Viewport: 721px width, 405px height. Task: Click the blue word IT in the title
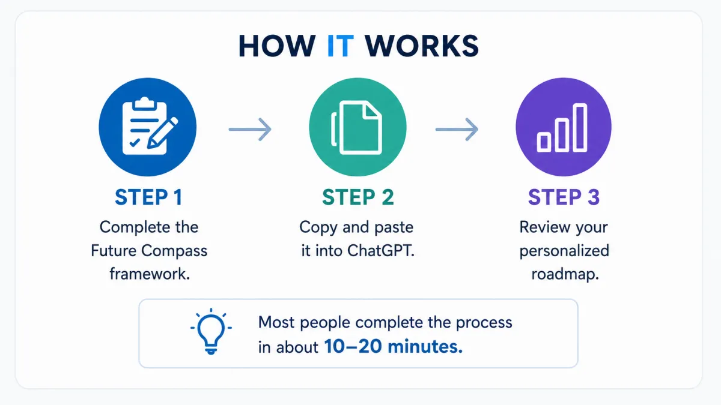click(340, 46)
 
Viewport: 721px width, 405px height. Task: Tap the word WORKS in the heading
click(422, 46)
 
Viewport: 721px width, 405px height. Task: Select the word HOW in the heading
click(277, 46)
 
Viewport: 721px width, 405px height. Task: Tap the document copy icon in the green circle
click(357, 127)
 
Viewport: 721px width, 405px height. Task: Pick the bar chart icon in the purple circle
click(562, 128)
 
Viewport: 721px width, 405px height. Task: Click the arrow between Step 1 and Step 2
click(250, 129)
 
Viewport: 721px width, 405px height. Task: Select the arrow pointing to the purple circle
click(457, 129)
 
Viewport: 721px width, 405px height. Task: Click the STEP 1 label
click(149, 197)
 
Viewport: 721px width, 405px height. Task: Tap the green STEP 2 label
click(358, 197)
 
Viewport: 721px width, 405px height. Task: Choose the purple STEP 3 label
click(564, 197)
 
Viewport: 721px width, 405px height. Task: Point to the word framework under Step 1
click(150, 274)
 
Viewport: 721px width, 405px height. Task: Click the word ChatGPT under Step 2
click(381, 251)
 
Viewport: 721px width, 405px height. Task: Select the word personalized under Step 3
click(564, 251)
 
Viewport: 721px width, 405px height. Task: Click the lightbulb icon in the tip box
click(211, 332)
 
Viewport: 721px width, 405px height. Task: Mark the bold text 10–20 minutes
click(394, 347)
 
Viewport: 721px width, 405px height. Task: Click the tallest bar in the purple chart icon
click(580, 128)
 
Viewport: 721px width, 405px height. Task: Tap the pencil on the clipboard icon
click(163, 133)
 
